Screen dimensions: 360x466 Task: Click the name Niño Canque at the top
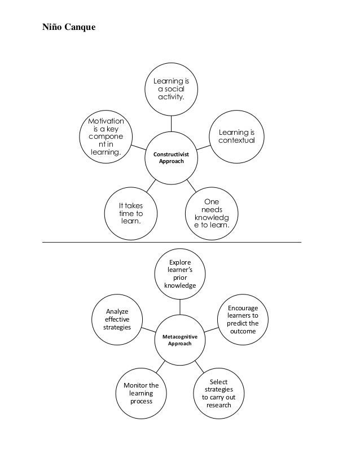point(69,26)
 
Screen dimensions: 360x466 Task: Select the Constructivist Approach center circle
point(171,158)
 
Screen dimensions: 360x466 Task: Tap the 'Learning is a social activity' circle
point(171,90)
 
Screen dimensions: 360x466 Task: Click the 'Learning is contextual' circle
point(237,136)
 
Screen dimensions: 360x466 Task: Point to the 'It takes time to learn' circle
point(131,213)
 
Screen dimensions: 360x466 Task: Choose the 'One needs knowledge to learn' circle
point(212,213)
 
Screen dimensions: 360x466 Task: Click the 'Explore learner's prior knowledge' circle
point(180,274)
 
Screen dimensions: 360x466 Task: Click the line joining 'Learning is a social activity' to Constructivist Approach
point(171,124)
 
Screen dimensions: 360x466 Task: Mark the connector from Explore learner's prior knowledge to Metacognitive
point(180,306)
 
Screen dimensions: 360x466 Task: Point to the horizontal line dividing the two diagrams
point(169,242)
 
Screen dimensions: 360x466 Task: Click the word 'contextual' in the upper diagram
point(237,140)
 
